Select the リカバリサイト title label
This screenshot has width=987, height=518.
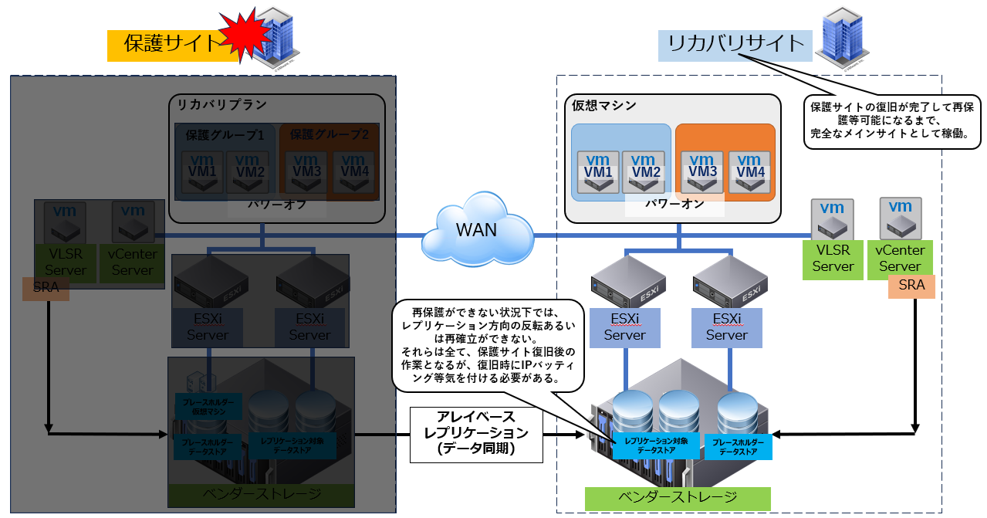[735, 44]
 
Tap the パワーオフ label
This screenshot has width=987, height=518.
[276, 206]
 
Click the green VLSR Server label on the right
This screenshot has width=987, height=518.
[833, 259]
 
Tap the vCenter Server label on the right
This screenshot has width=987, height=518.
[900, 259]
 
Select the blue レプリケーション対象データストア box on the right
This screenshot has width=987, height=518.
[657, 445]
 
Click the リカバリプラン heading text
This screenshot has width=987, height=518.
[223, 104]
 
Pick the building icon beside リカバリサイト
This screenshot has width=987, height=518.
[843, 36]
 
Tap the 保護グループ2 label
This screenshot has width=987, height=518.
[329, 134]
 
